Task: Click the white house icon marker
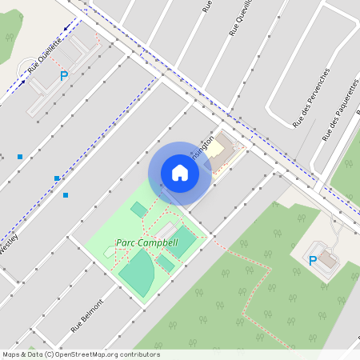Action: [x=180, y=173]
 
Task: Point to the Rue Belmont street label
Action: [x=87, y=316]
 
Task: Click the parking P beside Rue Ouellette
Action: [x=64, y=76]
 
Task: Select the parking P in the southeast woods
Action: [x=313, y=261]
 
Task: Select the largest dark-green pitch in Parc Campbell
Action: [x=137, y=270]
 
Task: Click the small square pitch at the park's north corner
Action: [x=139, y=210]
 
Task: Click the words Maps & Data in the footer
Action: [x=22, y=354]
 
